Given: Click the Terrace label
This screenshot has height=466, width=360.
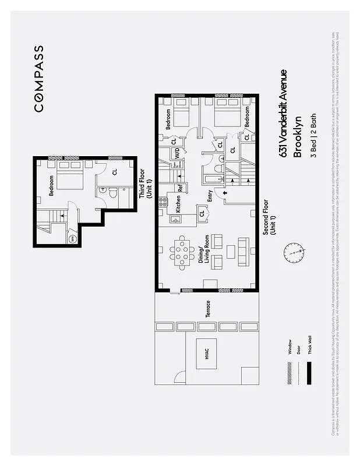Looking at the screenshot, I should (x=207, y=309).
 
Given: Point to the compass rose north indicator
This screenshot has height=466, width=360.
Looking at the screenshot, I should (x=294, y=253).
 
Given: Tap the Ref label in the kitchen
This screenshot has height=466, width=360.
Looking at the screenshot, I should (x=181, y=188).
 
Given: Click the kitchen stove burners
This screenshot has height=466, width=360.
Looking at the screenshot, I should (x=164, y=203).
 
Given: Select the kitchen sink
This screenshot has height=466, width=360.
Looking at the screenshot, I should (x=175, y=219).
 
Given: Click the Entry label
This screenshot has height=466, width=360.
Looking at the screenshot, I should (x=209, y=196).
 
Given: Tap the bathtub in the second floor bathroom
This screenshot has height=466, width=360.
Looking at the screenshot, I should (x=211, y=175).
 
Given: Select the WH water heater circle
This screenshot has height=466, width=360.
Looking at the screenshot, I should (x=72, y=238).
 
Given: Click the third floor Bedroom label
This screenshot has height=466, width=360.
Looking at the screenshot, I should (x=51, y=186).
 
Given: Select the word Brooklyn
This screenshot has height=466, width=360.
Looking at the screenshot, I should (x=298, y=136).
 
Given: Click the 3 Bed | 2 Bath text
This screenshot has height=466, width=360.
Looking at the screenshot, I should (x=313, y=135).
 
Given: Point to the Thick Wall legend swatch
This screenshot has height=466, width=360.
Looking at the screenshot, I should (x=309, y=372).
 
